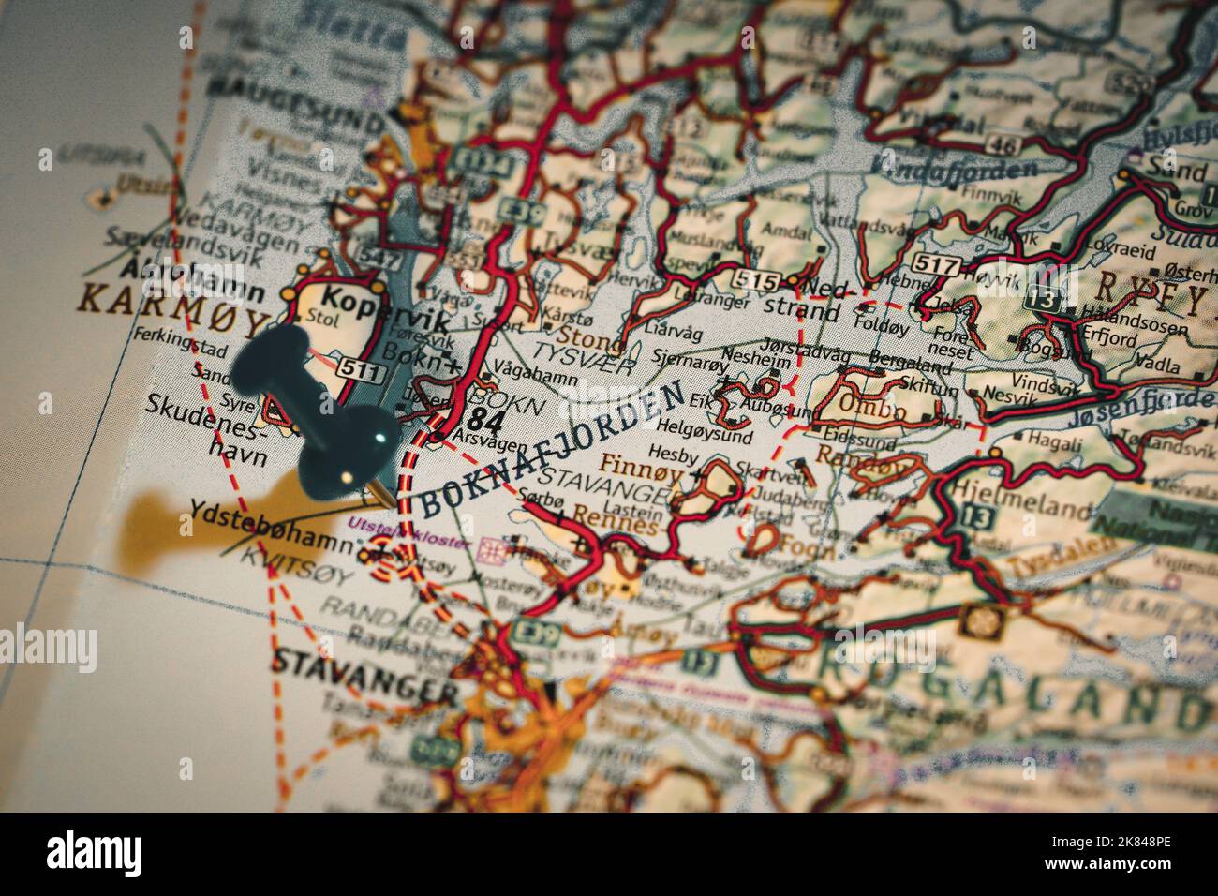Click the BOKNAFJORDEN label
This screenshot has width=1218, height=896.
click(x=553, y=451)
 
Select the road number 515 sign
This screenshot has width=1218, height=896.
click(x=758, y=280)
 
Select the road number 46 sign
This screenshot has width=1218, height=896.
click(x=1005, y=144)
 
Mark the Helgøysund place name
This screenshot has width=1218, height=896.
click(x=715, y=436)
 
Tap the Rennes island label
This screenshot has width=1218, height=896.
click(x=614, y=527)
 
